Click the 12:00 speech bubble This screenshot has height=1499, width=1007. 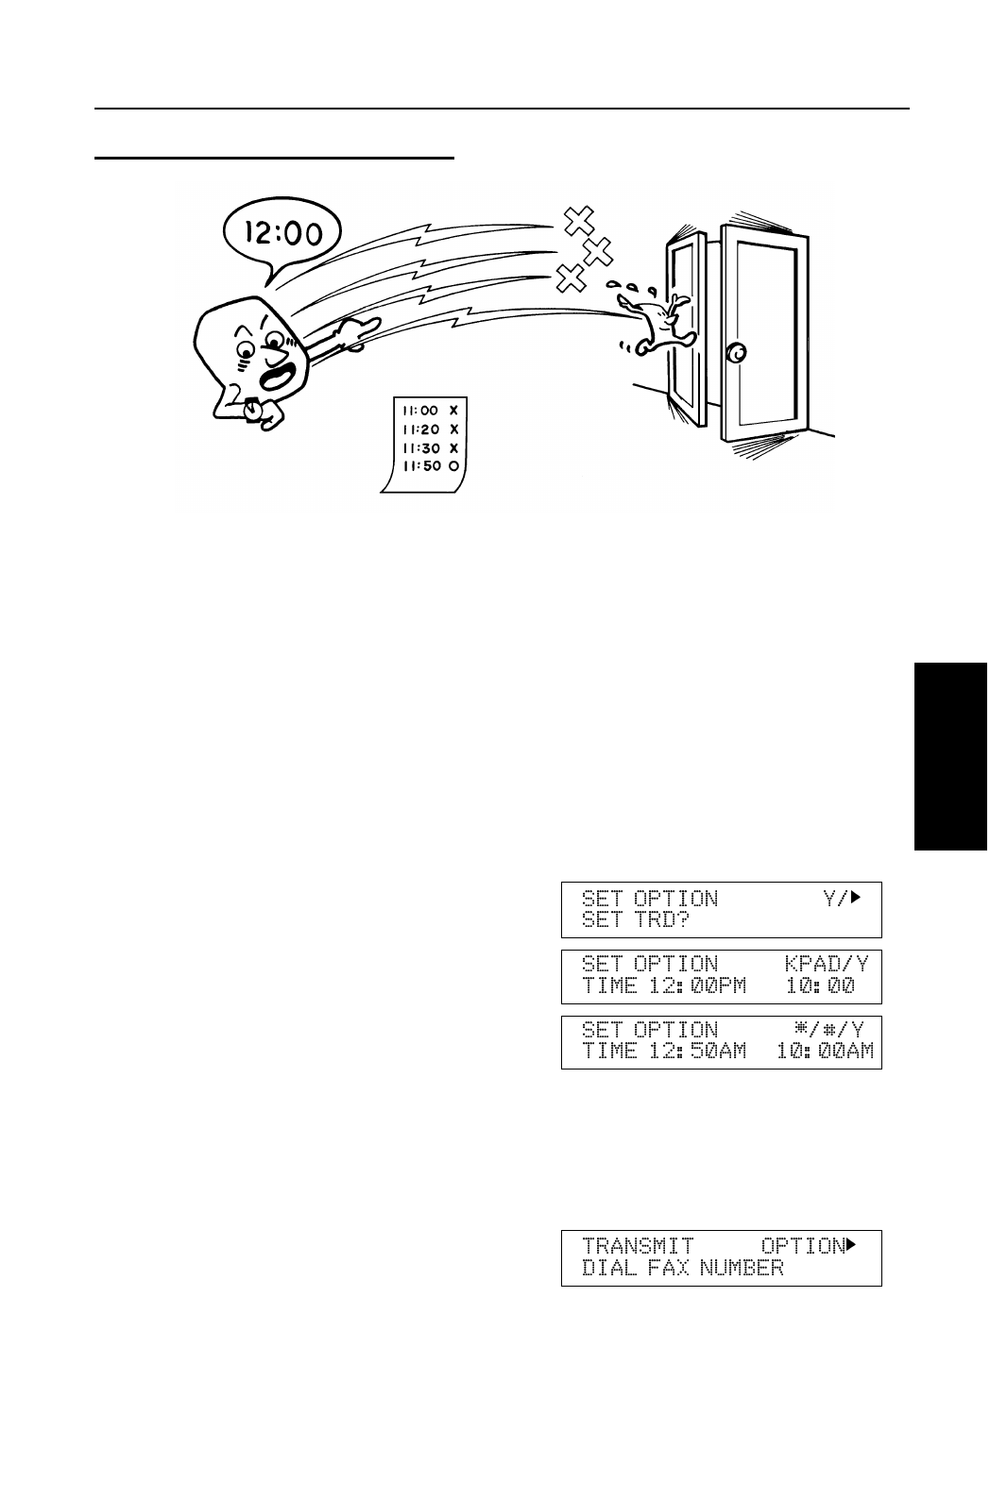(x=283, y=230)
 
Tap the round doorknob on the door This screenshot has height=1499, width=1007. (x=735, y=353)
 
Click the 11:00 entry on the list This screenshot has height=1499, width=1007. (x=420, y=411)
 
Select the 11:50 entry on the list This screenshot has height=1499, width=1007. (x=421, y=465)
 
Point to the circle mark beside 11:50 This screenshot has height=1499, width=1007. (x=454, y=465)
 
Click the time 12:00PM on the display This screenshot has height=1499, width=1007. (x=698, y=986)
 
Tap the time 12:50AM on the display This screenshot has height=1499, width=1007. (x=698, y=1051)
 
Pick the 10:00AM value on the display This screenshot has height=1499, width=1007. (x=825, y=1051)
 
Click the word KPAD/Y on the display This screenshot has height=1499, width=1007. (x=827, y=964)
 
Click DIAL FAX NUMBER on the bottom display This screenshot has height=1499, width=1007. (x=682, y=1268)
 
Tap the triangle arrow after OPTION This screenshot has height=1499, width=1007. (x=851, y=1245)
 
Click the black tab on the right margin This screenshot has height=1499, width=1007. (x=949, y=756)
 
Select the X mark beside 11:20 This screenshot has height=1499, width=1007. (x=454, y=429)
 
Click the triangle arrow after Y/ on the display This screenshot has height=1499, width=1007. (x=857, y=898)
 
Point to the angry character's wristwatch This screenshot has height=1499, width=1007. (x=254, y=407)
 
